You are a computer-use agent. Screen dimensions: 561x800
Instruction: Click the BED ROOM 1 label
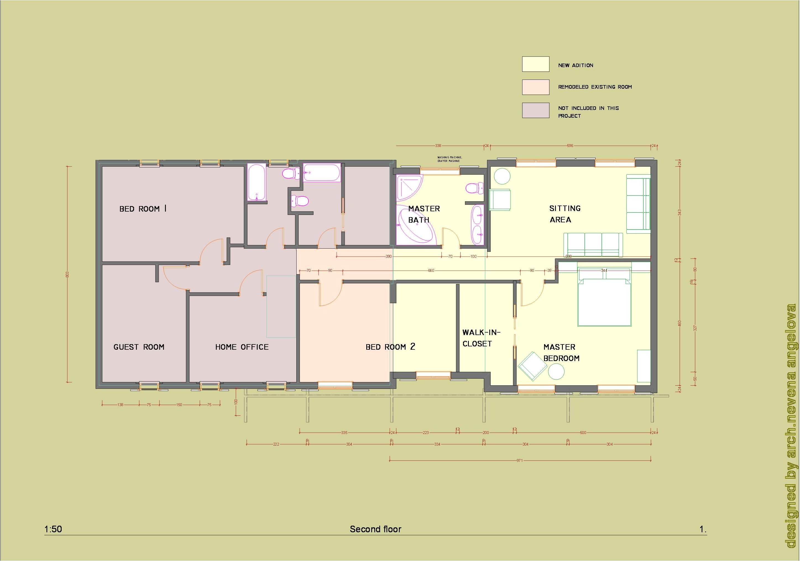pyautogui.click(x=143, y=209)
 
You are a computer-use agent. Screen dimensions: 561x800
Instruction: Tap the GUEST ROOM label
pyautogui.click(x=139, y=347)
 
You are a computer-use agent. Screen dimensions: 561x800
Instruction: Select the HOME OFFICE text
pyautogui.click(x=242, y=347)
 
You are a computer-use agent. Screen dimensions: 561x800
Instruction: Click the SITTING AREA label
pyautogui.click(x=564, y=214)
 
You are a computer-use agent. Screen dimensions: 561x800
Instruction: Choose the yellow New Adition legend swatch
pyautogui.click(x=535, y=64)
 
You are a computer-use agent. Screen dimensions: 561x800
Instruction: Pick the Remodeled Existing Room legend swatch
pyautogui.click(x=535, y=87)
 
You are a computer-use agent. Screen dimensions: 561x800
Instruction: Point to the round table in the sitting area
pyautogui.click(x=502, y=176)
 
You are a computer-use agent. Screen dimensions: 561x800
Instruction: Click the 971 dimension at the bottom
pyautogui.click(x=519, y=460)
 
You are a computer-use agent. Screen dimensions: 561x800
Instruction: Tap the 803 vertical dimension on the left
pyautogui.click(x=68, y=274)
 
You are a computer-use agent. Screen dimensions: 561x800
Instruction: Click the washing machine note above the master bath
pyautogui.click(x=449, y=159)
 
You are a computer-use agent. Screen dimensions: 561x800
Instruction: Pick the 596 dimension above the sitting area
pyautogui.click(x=570, y=146)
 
